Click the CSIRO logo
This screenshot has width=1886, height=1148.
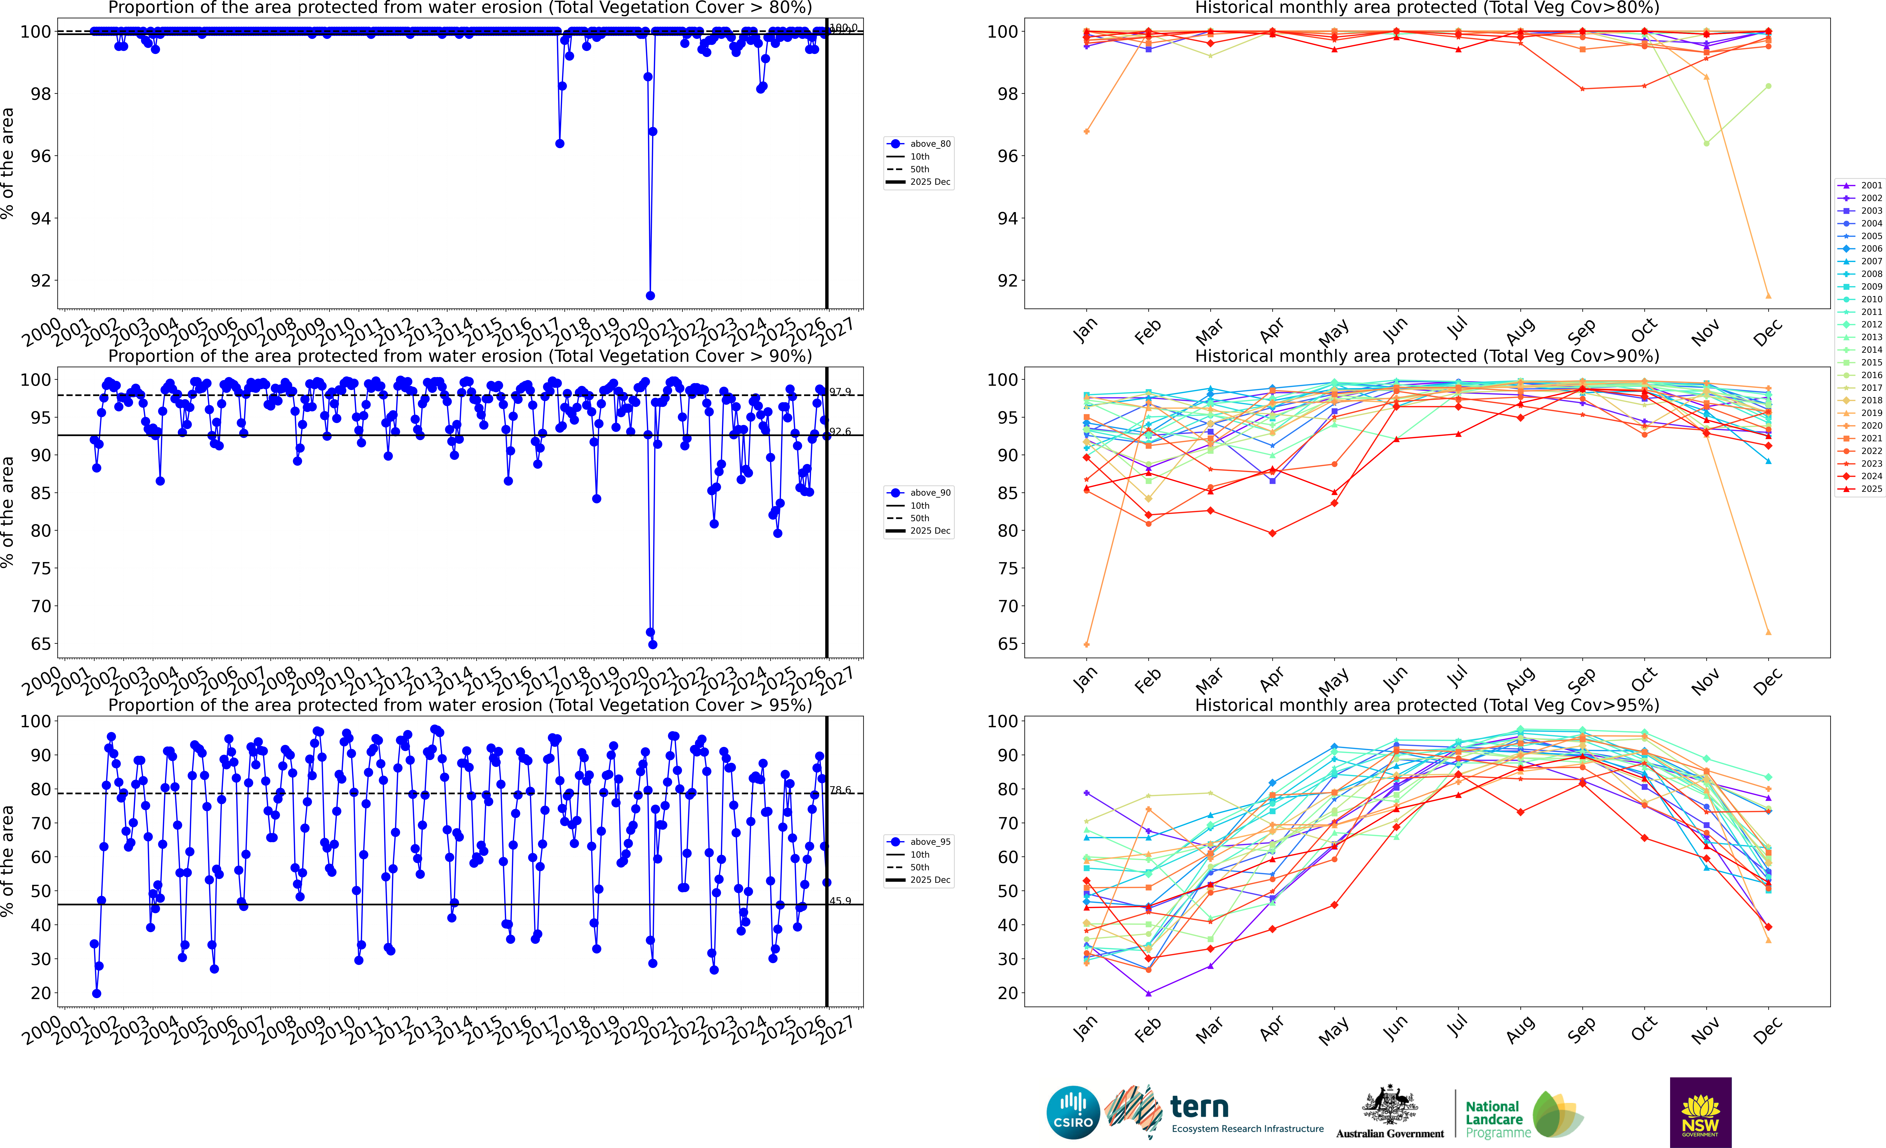(x=1073, y=1112)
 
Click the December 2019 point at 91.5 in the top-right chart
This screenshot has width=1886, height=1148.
(x=1768, y=295)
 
